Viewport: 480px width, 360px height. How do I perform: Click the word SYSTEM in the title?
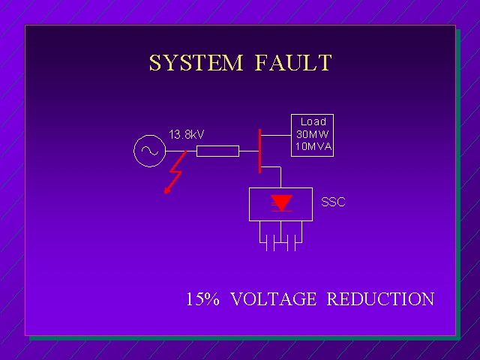click(x=196, y=63)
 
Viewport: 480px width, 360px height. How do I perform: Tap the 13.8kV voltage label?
click(x=187, y=135)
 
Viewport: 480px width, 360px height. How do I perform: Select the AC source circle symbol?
click(x=148, y=151)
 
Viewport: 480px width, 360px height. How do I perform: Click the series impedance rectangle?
click(x=217, y=151)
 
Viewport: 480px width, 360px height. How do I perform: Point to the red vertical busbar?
click(x=259, y=150)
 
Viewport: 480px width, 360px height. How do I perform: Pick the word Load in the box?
click(x=313, y=121)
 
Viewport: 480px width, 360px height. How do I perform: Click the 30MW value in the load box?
click(x=312, y=134)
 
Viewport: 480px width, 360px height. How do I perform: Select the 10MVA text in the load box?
click(x=312, y=146)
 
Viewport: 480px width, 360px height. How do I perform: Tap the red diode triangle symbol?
click(x=281, y=202)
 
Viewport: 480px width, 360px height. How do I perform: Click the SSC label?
click(x=333, y=202)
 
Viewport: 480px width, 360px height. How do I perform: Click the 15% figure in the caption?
click(x=202, y=299)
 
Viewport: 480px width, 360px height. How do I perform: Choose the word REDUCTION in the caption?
click(x=380, y=299)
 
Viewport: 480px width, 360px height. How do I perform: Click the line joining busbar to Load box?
click(x=275, y=135)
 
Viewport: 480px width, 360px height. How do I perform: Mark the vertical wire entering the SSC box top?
click(x=280, y=178)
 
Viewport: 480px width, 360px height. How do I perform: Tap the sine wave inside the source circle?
click(x=148, y=151)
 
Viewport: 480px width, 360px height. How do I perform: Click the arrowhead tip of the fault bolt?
click(x=166, y=191)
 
